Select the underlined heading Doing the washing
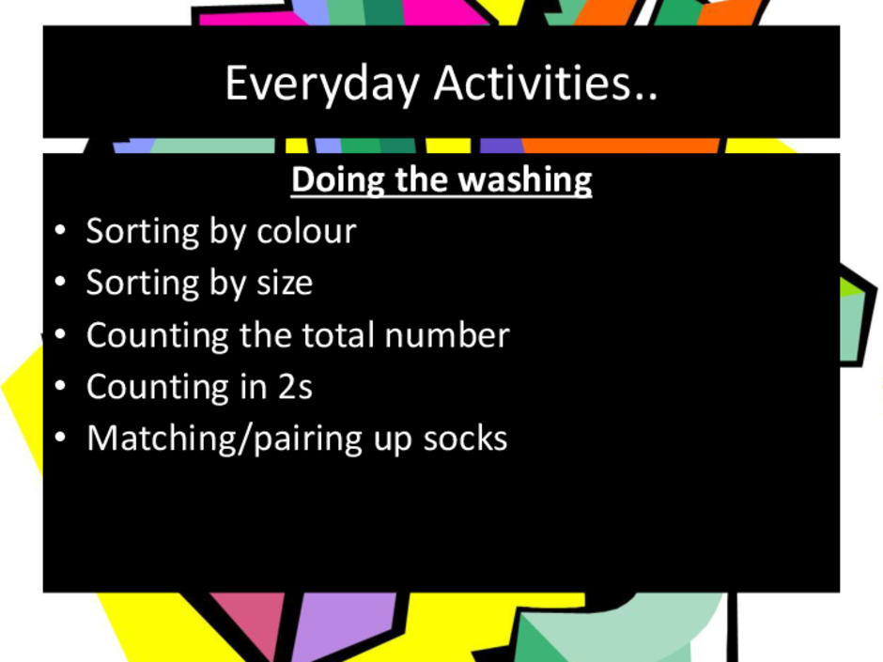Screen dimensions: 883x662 click(x=441, y=180)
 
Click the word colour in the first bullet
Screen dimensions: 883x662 click(x=306, y=231)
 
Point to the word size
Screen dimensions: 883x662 click(x=285, y=283)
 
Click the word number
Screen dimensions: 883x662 click(x=447, y=335)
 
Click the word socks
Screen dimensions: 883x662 click(x=465, y=439)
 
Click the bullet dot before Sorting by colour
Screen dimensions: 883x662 click(x=60, y=231)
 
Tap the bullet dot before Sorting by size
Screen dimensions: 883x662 click(x=60, y=283)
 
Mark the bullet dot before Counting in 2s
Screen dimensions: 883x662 click(x=60, y=387)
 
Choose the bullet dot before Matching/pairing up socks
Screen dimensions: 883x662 click(x=60, y=439)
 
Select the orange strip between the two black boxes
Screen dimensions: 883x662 click(x=621, y=146)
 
